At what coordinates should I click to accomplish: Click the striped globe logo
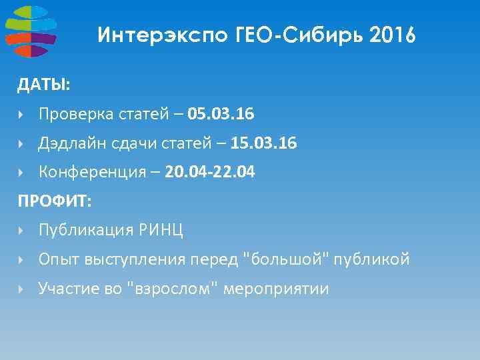tap(30, 31)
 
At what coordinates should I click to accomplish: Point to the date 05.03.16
tap(221, 115)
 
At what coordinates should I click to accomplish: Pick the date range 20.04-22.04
tap(209, 173)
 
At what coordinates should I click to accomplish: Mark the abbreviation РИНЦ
tap(163, 231)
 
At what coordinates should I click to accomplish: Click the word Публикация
tap(83, 231)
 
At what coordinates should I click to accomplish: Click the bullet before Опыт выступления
tap(21, 260)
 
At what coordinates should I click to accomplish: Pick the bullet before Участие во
tap(21, 289)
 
